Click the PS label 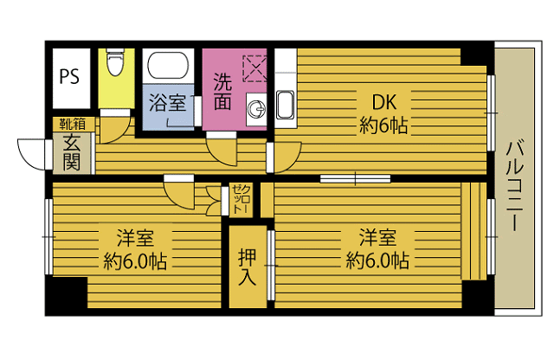[69, 76]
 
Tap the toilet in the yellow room [115, 62]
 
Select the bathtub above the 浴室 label [168, 66]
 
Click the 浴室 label [167, 102]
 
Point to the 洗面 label [222, 92]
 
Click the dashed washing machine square [254, 68]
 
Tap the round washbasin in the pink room [256, 110]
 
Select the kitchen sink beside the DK [285, 105]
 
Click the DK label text [384, 102]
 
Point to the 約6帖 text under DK [383, 125]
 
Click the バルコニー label [514, 185]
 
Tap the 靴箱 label [73, 124]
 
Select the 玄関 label [72, 152]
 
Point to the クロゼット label [242, 199]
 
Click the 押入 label [247, 267]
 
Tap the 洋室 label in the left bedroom [135, 238]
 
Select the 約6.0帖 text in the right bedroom [377, 261]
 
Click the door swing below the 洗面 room [222, 151]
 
